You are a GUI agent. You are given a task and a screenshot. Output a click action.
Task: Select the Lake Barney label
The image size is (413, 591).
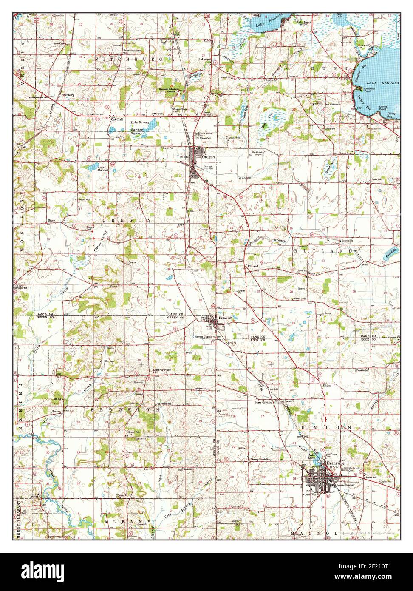click(x=139, y=122)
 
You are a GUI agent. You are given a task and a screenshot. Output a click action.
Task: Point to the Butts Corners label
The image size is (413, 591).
click(x=263, y=402)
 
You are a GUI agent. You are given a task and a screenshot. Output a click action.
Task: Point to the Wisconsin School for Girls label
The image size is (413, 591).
click(x=170, y=90)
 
